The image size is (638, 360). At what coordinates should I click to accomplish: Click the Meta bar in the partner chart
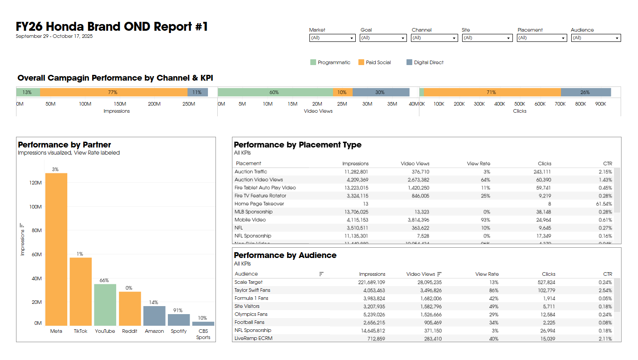coord(56,250)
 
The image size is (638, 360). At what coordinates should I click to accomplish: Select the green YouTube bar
coord(105,305)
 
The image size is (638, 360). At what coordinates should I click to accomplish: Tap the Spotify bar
coord(179,320)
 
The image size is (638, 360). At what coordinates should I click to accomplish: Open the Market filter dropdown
coord(332,38)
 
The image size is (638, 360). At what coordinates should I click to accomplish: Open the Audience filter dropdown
coord(596,38)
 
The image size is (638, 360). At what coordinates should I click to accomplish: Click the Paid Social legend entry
coord(378,63)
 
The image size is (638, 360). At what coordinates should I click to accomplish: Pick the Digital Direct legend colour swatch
coord(410,62)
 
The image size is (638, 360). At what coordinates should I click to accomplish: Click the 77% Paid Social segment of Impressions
coord(113,93)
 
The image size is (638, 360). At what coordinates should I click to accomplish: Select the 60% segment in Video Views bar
coord(275,93)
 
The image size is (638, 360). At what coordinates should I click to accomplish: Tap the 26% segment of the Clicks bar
coord(585,93)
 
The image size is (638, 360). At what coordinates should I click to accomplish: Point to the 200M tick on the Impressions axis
coord(154,104)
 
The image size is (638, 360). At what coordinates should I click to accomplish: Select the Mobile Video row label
coord(250,220)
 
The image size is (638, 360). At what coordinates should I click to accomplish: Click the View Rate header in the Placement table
coord(478,164)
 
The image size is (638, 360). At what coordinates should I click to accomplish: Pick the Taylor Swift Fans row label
coord(252,290)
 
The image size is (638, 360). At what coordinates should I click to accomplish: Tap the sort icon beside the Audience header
coord(321,274)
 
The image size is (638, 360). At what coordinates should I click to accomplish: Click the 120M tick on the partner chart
coord(35,183)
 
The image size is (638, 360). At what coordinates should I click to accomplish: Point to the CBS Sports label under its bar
coord(203,334)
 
